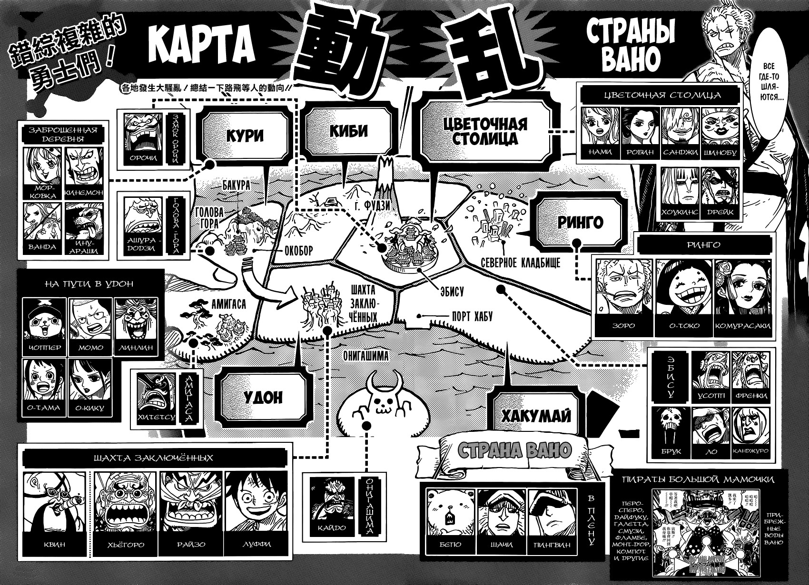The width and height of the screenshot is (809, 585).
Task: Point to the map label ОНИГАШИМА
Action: pos(365,355)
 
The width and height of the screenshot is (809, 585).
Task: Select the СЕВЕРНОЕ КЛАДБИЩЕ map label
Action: pos(520,263)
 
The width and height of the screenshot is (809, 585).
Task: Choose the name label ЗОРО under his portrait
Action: pos(623,326)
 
